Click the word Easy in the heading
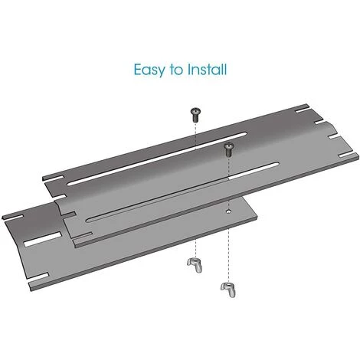149,70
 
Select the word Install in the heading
207,69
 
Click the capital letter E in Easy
137,70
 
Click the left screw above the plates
195,115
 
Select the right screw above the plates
229,149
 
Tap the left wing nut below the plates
195,266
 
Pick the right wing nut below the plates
228,290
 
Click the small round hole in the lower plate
228,211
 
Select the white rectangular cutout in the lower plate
43,240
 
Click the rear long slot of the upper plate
157,159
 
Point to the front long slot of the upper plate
182,191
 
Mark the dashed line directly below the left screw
195,136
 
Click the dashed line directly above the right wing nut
229,256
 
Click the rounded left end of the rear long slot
70,183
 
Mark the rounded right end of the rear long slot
244,134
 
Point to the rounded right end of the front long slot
277,165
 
